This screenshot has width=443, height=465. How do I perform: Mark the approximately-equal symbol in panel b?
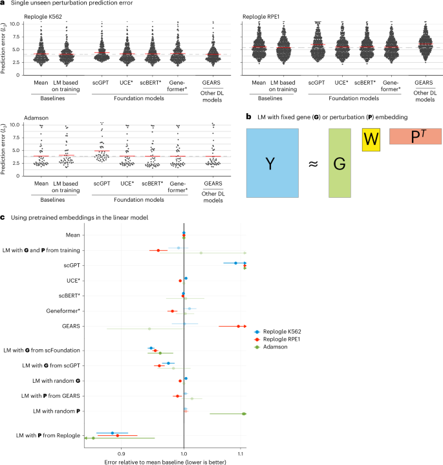point(312,164)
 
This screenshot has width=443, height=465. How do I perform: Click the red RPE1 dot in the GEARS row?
point(239,326)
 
